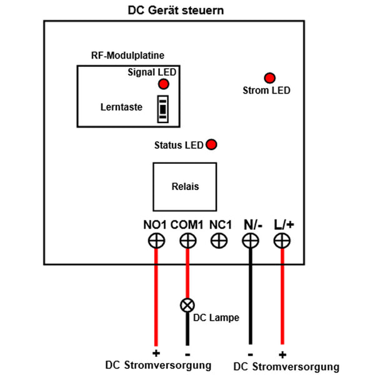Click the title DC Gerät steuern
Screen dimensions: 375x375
point(176,11)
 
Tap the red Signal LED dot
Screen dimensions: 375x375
point(163,84)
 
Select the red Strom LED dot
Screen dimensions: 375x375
point(270,78)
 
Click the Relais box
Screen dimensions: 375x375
point(184,186)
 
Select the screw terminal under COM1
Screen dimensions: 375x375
point(187,241)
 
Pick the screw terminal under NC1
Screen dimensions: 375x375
point(219,241)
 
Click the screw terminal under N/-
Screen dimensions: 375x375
point(250,241)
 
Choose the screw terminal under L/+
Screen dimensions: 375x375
point(282,241)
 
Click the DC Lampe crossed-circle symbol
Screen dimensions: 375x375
point(187,305)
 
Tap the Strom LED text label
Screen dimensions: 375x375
point(266,91)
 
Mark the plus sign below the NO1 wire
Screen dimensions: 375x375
point(156,353)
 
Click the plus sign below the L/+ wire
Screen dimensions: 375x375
point(282,354)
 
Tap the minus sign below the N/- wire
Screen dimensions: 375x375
point(250,354)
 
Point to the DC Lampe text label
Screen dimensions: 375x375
point(217,317)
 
